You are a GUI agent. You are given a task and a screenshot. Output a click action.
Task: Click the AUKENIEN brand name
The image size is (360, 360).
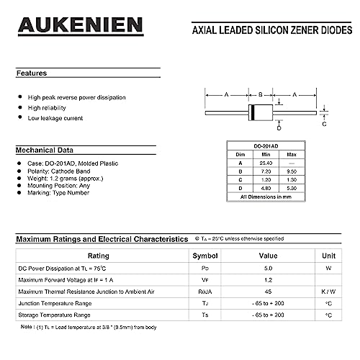coord(81,26)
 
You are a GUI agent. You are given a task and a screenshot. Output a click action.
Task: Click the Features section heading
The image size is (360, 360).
coord(32,73)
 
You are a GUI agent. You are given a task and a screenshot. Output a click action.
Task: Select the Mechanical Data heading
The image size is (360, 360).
coord(45,150)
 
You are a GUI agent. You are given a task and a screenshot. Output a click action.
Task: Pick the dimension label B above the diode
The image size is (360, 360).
coord(261,94)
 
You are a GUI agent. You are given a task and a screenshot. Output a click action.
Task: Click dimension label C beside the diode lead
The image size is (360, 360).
coord(324,124)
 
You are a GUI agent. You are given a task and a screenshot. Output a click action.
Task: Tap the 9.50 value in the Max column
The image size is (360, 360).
coord(292,171)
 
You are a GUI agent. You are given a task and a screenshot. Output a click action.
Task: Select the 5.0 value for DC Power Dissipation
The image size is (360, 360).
coord(268,267)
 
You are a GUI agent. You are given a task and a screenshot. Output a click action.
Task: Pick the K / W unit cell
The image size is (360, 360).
coord(328,291)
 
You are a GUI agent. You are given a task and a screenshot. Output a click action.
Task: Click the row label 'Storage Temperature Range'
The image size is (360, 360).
coord(54,315)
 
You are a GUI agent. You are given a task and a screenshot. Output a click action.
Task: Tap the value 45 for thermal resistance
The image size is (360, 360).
coord(268,291)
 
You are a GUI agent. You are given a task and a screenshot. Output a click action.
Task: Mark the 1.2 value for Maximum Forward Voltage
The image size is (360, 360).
coord(268,279)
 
